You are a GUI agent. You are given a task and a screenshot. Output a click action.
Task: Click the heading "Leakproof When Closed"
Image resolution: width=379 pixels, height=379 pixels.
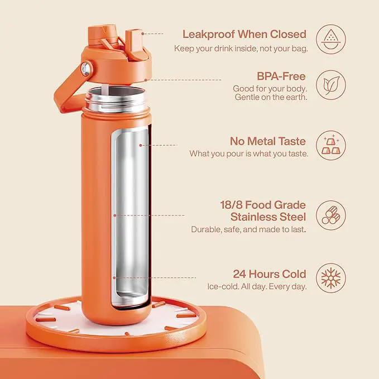[x=244, y=34]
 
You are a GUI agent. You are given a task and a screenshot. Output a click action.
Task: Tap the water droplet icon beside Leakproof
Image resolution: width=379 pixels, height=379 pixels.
[x=331, y=39]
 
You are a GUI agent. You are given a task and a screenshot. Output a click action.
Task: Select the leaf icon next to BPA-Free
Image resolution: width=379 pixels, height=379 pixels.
[x=331, y=85]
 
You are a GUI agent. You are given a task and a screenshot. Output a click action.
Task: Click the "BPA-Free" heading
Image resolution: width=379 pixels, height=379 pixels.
[x=281, y=76]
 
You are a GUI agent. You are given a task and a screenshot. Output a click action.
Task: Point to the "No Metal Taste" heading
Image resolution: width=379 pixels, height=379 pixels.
[x=268, y=141]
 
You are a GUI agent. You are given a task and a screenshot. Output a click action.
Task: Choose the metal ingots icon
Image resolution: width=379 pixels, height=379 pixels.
[x=331, y=145]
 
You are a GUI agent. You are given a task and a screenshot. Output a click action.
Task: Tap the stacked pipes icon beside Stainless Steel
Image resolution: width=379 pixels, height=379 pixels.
[x=331, y=215]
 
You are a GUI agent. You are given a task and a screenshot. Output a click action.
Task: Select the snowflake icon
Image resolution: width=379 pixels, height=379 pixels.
[x=331, y=278]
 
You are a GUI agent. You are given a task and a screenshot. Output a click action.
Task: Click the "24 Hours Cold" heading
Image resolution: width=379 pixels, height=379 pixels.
[x=270, y=274]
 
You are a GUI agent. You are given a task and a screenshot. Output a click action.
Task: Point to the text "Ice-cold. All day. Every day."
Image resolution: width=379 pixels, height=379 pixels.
[x=257, y=287]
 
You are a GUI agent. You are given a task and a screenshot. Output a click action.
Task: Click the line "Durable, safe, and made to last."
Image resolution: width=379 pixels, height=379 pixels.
[x=248, y=229]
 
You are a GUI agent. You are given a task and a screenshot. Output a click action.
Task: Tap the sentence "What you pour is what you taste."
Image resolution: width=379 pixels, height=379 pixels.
[x=249, y=153]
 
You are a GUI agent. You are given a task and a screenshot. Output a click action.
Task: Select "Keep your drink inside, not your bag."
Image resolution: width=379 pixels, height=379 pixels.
[x=241, y=49]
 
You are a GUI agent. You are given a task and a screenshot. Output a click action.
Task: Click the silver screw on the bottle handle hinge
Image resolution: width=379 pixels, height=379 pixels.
[x=85, y=69]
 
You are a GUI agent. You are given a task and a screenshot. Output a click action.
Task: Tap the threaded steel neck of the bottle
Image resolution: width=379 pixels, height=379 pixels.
[x=116, y=100]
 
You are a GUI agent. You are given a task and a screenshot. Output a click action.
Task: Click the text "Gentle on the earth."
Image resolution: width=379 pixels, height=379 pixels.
[x=271, y=97]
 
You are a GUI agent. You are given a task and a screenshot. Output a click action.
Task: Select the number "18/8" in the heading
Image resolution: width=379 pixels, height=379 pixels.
[x=231, y=205]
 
